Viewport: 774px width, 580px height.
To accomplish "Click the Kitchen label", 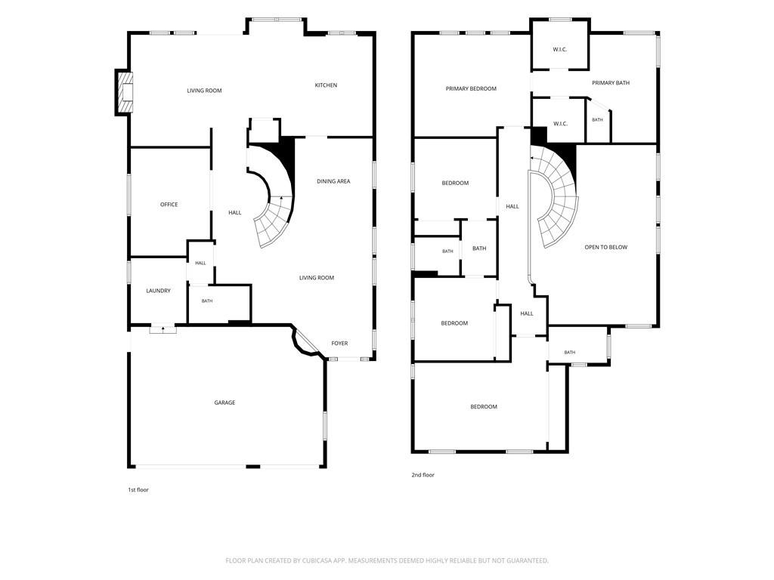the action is [x=326, y=85].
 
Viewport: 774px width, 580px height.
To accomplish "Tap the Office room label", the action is [x=169, y=205].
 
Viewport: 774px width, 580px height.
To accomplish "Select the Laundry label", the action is [x=158, y=291].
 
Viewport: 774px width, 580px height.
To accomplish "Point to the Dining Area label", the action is [x=333, y=181].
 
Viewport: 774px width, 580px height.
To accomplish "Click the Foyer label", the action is [x=339, y=344].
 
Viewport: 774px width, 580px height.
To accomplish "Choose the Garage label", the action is [x=224, y=403].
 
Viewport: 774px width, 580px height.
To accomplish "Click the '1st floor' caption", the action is [x=138, y=489].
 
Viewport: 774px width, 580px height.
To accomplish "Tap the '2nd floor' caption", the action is [x=423, y=475].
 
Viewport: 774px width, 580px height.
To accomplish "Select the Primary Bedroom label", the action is [x=471, y=89].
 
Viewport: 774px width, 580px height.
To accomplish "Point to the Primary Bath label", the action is [x=611, y=83].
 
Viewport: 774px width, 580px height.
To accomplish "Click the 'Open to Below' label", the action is [x=605, y=247].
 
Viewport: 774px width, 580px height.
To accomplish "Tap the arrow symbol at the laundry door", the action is [x=163, y=328].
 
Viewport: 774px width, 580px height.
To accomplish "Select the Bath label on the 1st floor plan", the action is [x=207, y=301].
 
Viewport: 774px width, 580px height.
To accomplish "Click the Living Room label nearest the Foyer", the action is [x=317, y=278].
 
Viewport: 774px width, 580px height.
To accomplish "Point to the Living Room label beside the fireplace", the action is [x=204, y=91].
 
